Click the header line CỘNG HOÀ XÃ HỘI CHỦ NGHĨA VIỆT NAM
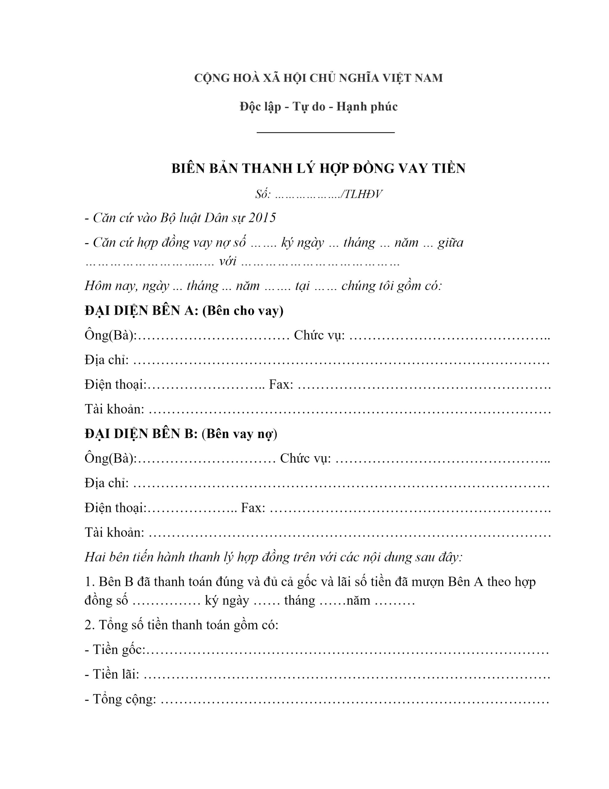click(x=318, y=78)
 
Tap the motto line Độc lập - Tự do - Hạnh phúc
click(x=318, y=107)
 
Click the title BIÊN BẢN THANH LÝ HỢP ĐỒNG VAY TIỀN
click(x=318, y=168)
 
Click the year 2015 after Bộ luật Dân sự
click(x=262, y=218)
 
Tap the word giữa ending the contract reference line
click(x=450, y=243)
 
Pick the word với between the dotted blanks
click(x=228, y=261)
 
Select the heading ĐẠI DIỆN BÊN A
click(x=142, y=311)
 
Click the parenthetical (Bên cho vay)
click(x=243, y=311)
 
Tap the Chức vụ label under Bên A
click(x=319, y=335)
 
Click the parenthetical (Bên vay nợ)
click(x=239, y=434)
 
